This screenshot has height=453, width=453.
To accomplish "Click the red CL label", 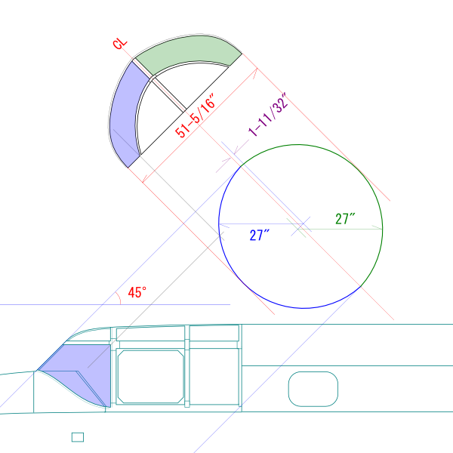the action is point(120,44).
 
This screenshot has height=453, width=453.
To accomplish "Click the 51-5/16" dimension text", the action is point(196,116).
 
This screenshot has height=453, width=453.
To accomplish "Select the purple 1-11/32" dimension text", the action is point(268,114).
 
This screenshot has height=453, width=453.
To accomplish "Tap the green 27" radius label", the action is point(345,219).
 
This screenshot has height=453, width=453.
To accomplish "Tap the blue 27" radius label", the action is point(259,235).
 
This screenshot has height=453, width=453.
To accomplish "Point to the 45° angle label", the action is point(137,292).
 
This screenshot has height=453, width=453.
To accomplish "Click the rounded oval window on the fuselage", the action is point(313,389).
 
